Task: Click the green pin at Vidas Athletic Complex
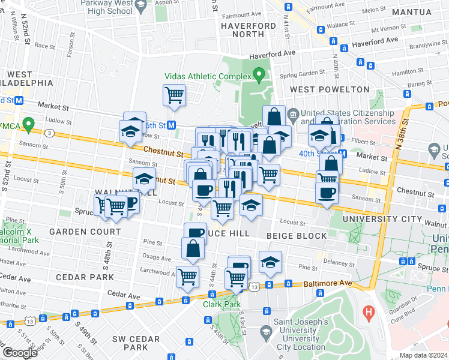coord(259,76)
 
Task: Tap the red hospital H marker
coord(369,312)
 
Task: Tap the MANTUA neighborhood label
coord(411,11)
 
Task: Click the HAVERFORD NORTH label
coord(248,29)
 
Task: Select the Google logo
coord(19,353)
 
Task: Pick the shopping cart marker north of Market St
coord(174,95)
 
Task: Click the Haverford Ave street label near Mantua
coord(376,40)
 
